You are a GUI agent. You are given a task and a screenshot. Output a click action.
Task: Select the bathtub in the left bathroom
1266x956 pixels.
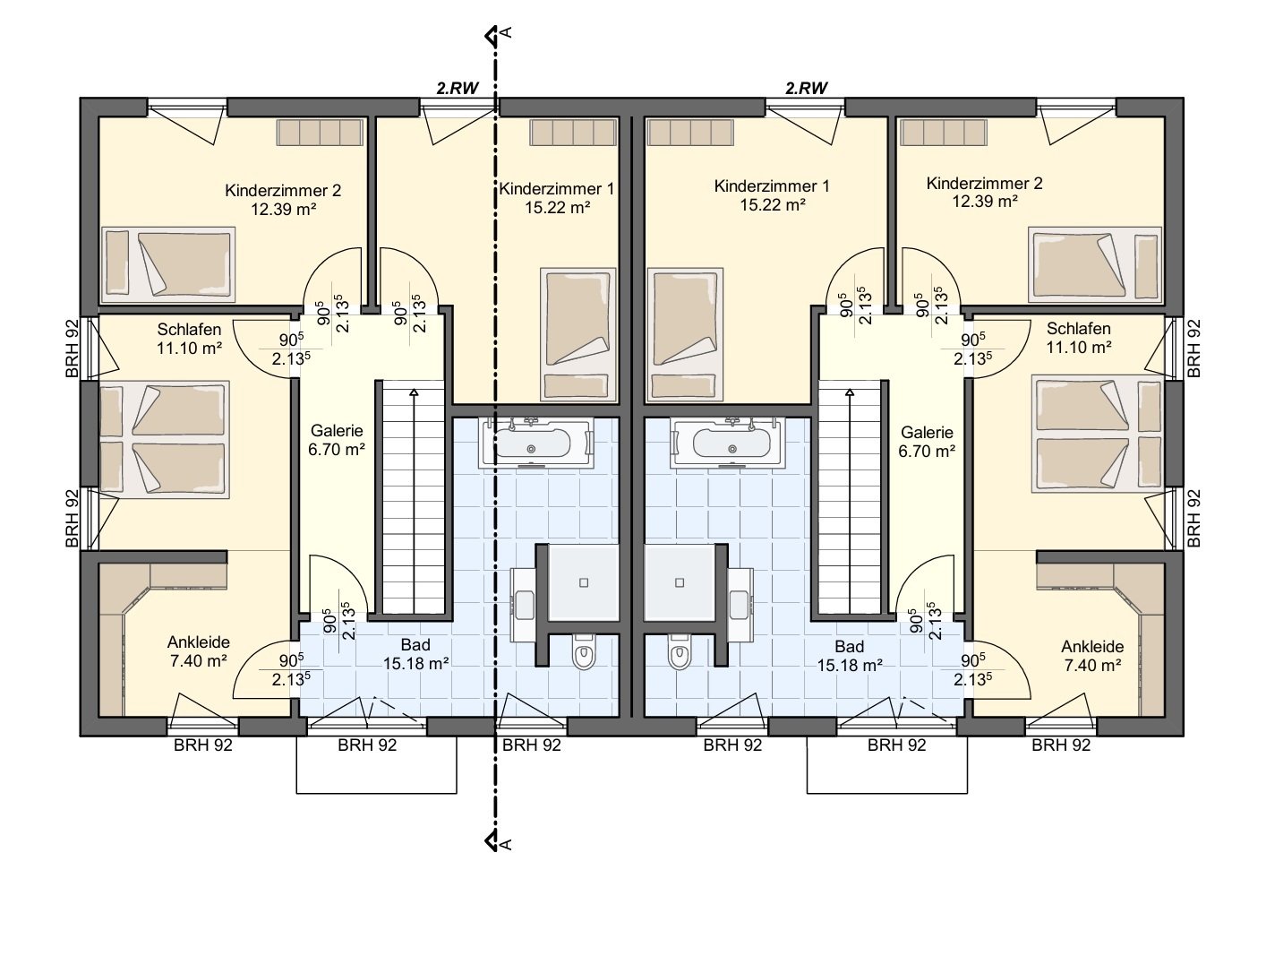(x=535, y=443)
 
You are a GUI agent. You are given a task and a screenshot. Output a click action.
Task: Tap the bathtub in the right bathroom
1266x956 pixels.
(x=727, y=443)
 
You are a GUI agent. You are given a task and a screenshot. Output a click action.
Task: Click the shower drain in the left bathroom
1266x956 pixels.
(x=584, y=582)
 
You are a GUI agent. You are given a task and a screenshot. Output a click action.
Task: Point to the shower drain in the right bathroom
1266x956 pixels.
(x=680, y=582)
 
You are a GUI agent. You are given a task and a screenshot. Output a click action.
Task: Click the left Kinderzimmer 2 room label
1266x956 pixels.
(x=283, y=190)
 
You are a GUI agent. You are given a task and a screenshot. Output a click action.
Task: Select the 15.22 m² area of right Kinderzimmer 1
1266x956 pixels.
(x=773, y=205)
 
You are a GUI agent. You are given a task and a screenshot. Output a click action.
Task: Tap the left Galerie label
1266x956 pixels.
(x=337, y=430)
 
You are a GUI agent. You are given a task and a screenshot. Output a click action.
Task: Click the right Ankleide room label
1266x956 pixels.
(x=1092, y=647)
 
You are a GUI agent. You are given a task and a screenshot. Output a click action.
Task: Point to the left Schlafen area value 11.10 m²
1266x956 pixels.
(x=190, y=349)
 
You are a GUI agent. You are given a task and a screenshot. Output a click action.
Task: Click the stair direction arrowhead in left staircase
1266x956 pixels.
(x=414, y=393)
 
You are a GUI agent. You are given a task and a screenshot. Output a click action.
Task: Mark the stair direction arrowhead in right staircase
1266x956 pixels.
(x=850, y=393)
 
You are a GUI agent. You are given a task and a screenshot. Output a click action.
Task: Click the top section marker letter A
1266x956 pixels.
(x=507, y=32)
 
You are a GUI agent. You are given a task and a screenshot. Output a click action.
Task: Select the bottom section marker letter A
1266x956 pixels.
(x=507, y=845)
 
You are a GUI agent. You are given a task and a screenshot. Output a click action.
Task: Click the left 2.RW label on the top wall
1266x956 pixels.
(x=458, y=89)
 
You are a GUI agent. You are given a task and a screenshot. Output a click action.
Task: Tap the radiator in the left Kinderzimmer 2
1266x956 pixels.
(x=320, y=132)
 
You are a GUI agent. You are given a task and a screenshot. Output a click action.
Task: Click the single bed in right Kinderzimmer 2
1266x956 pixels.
(x=1095, y=265)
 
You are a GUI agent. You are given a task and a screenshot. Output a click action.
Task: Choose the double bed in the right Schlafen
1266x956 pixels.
(x=1097, y=434)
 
